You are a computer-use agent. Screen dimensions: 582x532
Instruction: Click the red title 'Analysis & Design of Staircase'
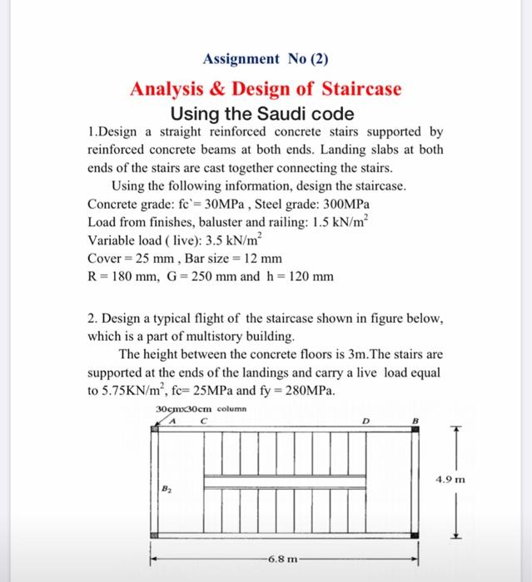coord(266,88)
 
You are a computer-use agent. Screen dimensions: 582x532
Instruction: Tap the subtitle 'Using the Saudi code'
coord(262,113)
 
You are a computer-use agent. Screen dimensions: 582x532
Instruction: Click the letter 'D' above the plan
coord(365,420)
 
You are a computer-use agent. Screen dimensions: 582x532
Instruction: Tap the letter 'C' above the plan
coord(201,420)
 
